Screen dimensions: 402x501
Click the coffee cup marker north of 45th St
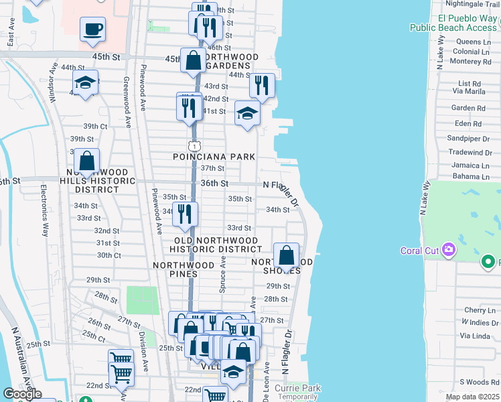click(92, 29)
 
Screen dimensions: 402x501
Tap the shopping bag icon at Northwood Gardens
click(193, 60)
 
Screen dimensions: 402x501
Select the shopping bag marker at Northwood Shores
click(286, 256)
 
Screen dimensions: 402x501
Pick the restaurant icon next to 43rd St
click(262, 85)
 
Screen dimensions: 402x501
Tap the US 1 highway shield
click(193, 146)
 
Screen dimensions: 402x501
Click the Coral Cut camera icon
click(447, 251)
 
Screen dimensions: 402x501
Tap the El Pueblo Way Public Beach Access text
click(453, 23)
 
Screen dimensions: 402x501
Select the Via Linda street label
click(476, 336)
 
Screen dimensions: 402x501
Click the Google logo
click(22, 394)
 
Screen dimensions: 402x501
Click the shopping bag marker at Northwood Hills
click(86, 161)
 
